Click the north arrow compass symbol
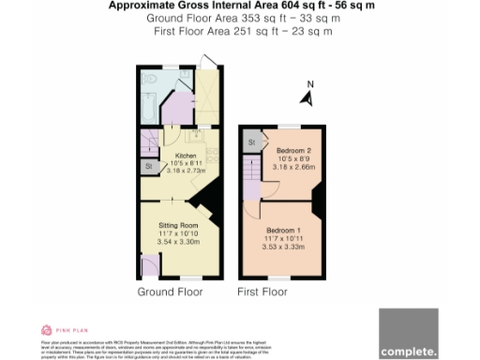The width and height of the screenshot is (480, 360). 308,94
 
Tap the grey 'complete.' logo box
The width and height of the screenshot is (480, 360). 408,334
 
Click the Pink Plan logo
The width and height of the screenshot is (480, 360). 58,330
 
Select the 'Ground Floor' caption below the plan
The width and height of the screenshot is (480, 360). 171,292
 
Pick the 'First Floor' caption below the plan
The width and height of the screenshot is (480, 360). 262,292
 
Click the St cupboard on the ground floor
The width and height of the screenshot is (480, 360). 149,167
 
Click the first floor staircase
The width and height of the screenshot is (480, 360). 250,194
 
